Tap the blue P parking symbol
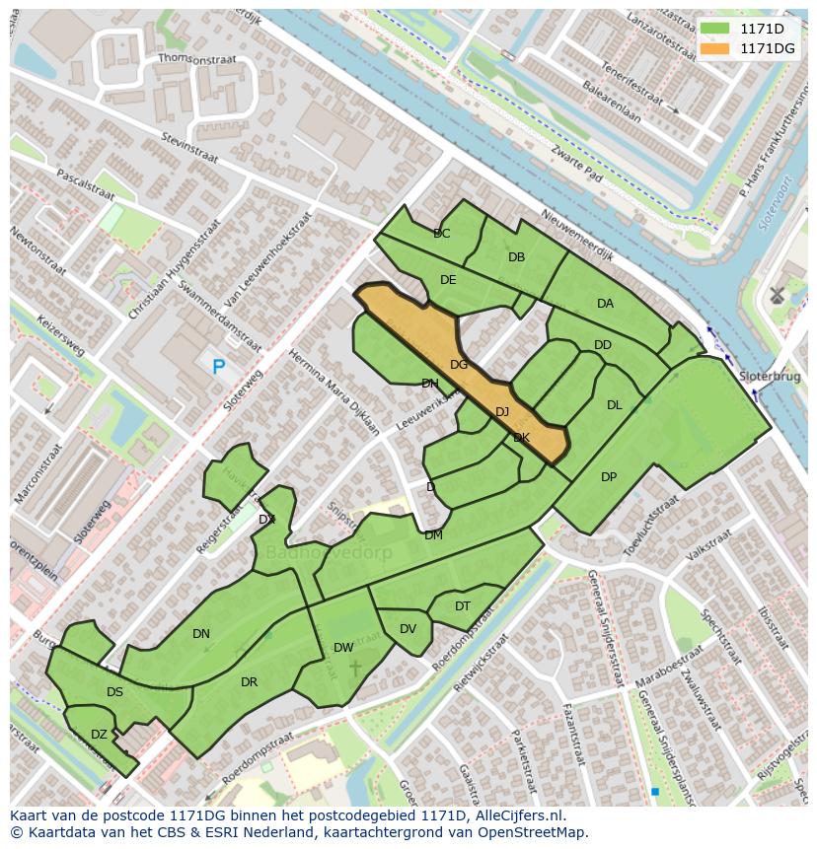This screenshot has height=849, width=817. [x=219, y=367]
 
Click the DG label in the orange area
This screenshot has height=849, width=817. [x=459, y=365]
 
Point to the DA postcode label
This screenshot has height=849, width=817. [x=605, y=304]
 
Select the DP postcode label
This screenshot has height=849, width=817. [x=609, y=477]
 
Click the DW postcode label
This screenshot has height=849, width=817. [x=343, y=648]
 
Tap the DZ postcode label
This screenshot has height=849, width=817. [x=99, y=735]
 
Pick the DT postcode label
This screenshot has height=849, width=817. [x=463, y=606]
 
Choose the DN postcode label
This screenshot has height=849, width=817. [x=201, y=634]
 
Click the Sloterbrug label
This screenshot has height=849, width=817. [x=770, y=377]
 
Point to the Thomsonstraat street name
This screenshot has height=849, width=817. [x=197, y=60]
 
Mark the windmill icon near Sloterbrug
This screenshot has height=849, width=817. [x=777, y=294]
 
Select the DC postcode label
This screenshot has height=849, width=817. [x=442, y=234]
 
